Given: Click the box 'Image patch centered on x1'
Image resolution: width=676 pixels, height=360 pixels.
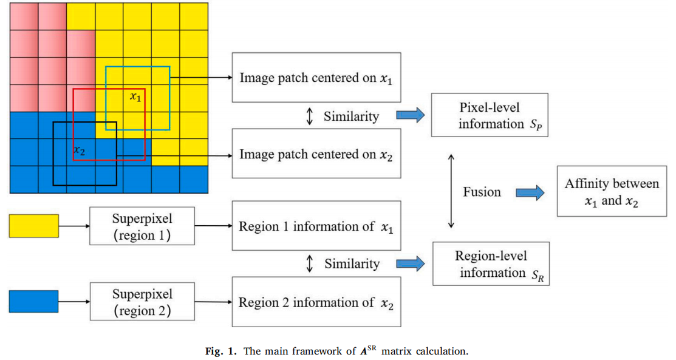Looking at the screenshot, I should [316, 78].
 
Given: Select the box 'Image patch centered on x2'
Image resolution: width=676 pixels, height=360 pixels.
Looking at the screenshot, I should [316, 154].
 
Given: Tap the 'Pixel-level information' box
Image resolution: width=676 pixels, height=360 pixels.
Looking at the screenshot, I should [490, 115].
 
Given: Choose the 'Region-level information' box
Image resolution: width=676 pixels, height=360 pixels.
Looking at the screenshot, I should [490, 264].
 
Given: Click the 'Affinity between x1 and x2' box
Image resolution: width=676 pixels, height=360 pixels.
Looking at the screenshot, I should [612, 192].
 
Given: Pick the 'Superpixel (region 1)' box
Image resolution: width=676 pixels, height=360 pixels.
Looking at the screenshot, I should [142, 226].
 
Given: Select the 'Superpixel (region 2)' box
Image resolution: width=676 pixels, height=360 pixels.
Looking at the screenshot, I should [142, 302].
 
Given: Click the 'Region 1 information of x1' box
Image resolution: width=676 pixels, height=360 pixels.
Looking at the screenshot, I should [316, 226].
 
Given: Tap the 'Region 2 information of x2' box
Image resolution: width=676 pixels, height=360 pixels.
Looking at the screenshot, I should [316, 302].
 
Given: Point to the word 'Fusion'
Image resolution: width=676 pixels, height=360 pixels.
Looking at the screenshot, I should [482, 192].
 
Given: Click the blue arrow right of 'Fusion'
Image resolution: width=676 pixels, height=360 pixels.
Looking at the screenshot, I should [529, 192].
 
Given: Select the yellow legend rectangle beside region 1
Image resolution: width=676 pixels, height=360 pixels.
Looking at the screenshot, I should [34, 226].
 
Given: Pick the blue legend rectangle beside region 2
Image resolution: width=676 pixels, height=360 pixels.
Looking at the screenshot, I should [34, 302].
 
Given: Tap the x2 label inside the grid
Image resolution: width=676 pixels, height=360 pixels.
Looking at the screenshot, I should [79, 149].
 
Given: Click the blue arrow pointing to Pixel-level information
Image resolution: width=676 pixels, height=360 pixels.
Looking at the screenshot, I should [410, 116].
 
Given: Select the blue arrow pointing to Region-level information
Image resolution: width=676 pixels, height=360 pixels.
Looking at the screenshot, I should [410, 264].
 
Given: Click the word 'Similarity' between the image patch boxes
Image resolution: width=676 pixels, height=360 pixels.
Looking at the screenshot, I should [351, 116].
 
